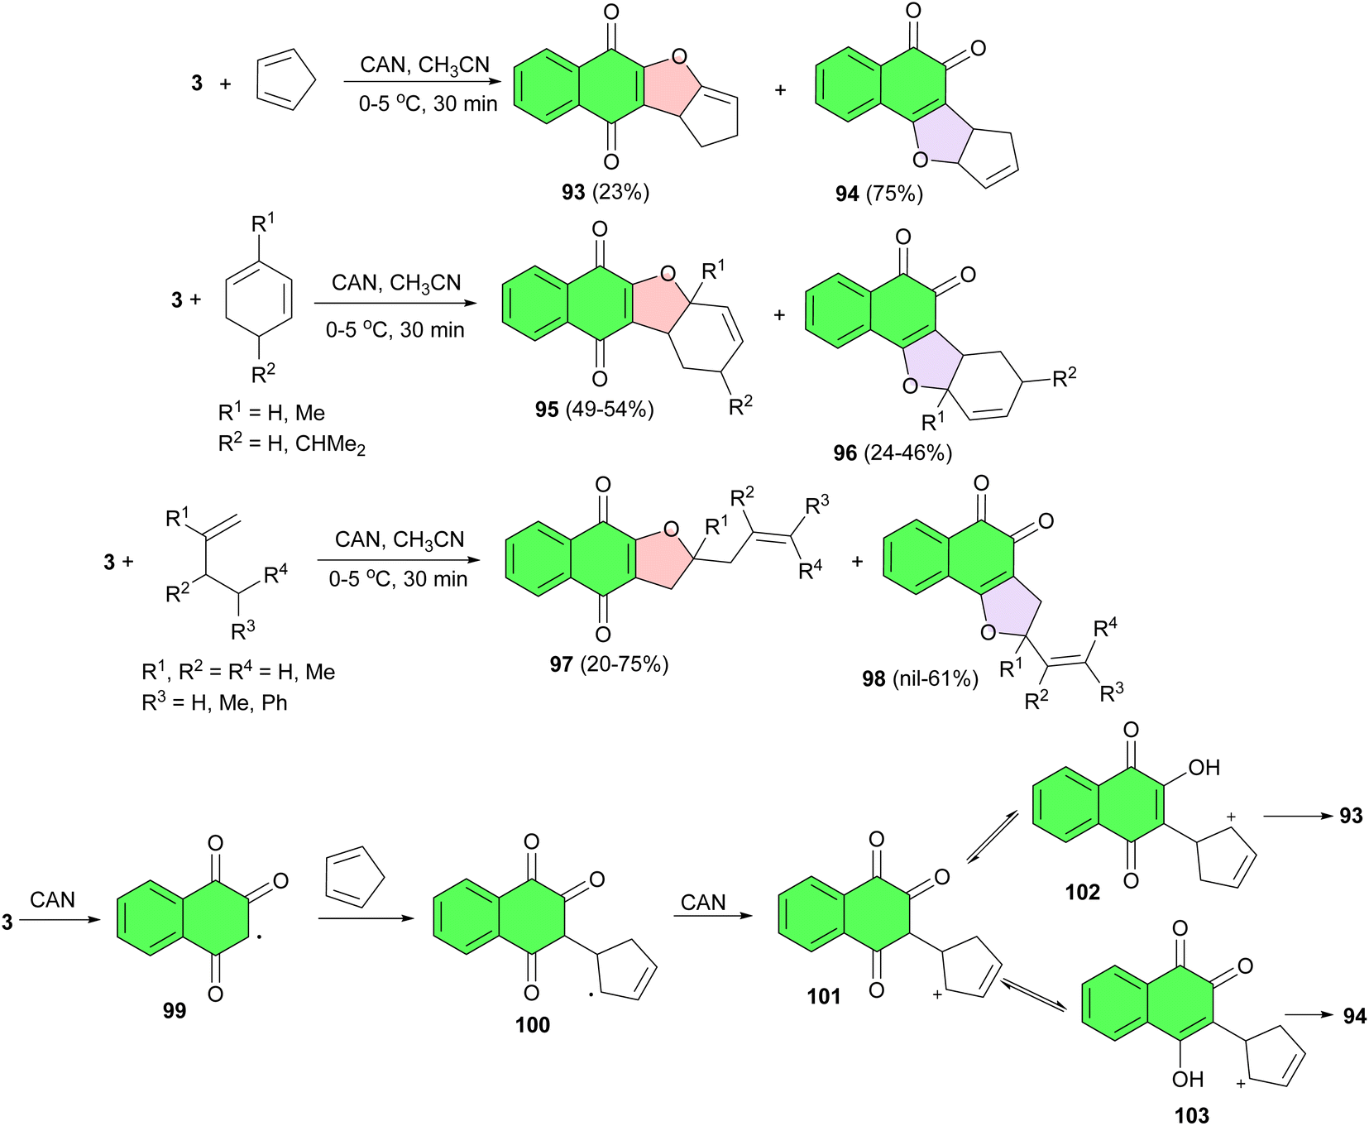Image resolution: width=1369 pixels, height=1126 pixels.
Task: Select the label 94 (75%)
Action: point(878,194)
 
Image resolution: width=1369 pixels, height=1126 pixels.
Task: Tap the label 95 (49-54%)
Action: point(595,410)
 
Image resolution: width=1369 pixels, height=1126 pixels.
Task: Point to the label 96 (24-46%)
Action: point(893,453)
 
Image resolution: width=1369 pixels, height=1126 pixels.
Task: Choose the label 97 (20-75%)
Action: point(609,664)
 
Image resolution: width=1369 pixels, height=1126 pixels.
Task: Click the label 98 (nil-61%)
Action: point(920,679)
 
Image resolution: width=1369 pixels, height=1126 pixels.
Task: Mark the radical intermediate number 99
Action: point(175,1011)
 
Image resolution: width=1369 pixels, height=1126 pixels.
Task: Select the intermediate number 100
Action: point(532,1026)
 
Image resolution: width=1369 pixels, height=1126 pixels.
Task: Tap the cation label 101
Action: point(824,997)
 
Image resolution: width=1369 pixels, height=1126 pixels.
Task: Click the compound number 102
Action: point(1082,893)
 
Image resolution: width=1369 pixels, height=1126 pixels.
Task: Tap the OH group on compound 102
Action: point(1204,768)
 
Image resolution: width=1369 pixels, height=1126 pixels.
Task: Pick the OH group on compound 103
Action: point(1187,1080)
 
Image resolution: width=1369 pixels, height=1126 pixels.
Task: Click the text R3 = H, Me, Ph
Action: point(214,702)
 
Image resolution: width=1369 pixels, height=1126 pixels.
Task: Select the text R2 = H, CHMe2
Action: point(291,444)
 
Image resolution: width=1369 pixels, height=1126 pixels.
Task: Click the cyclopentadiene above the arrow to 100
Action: point(355,877)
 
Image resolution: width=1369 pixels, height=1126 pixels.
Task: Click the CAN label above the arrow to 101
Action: point(703,903)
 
